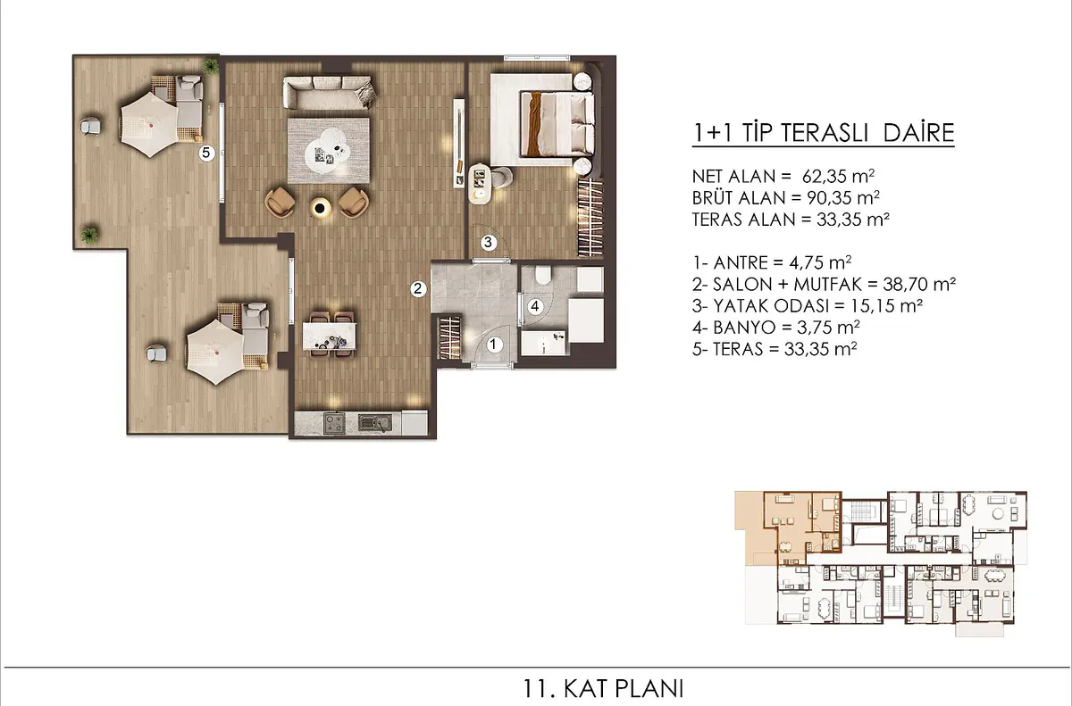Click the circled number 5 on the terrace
[x=206, y=153]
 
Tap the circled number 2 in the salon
[x=418, y=288]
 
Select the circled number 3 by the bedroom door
[x=488, y=243]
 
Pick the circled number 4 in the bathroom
[x=535, y=306]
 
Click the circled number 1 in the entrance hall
[x=494, y=345]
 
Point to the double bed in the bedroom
[x=557, y=124]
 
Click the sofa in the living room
[x=330, y=93]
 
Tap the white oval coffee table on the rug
[x=328, y=153]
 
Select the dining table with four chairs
[x=330, y=336]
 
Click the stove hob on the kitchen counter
[x=334, y=423]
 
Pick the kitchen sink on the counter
[x=375, y=423]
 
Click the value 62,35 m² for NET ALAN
[x=838, y=176]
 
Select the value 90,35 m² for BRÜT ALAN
[x=843, y=197]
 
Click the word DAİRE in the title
[x=919, y=133]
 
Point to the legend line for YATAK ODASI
[x=808, y=305]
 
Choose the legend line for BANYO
[x=775, y=328]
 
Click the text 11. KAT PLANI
[x=603, y=689]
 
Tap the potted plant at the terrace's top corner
[x=210, y=66]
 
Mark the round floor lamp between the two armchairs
[x=320, y=207]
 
